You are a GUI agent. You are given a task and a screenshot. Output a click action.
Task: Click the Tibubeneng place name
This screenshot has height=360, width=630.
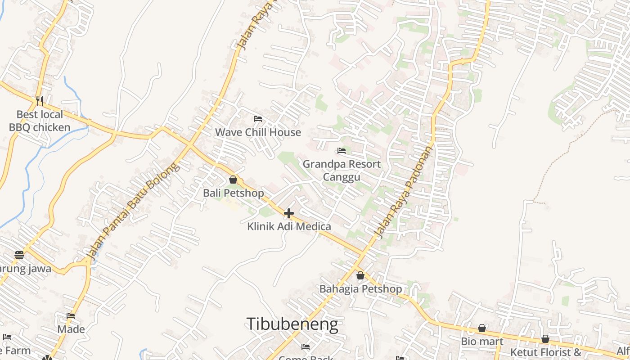(x=292, y=324)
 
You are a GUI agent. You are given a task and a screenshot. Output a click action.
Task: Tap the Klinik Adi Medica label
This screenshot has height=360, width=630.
(x=289, y=226)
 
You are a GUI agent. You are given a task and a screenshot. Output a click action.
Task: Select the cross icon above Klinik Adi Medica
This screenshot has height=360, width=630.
(x=289, y=213)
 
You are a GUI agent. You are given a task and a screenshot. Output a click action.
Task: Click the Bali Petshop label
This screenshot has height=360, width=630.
(x=233, y=193)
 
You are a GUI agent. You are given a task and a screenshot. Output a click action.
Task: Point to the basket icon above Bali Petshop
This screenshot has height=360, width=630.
(x=233, y=180)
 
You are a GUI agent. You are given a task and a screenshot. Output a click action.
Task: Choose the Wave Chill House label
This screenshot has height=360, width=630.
(x=258, y=132)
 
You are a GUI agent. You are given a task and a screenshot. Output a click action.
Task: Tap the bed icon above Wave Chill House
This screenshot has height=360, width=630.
(x=258, y=119)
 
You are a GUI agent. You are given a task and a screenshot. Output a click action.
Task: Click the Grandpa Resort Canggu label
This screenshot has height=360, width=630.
(x=342, y=170)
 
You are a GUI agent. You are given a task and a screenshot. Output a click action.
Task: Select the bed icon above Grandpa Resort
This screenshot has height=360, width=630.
(x=342, y=151)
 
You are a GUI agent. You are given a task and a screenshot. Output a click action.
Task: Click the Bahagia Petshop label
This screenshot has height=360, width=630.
(x=360, y=288)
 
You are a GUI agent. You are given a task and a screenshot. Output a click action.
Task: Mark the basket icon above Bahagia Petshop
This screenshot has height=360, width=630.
(x=360, y=275)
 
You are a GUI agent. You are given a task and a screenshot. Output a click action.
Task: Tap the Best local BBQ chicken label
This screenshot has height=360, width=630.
(x=40, y=121)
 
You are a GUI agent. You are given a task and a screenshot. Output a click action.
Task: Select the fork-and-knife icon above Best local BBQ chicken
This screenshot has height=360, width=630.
(x=40, y=100)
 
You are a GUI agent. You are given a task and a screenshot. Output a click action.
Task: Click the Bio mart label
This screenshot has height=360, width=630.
(x=482, y=341)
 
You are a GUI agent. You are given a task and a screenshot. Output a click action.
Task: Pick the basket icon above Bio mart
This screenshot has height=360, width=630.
(x=482, y=328)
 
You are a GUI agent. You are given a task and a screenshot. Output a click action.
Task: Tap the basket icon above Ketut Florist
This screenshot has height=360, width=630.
(x=545, y=339)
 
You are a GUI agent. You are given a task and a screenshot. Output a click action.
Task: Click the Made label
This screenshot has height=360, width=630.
(x=71, y=329)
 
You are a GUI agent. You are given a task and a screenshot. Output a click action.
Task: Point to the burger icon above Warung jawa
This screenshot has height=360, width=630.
(x=19, y=255)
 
